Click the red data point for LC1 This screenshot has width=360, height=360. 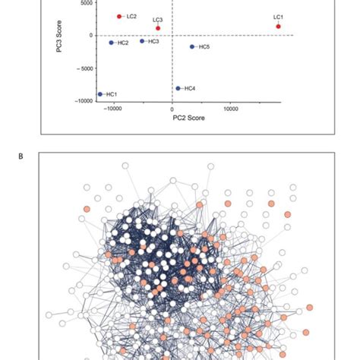click(x=279, y=26)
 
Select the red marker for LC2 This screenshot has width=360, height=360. click(x=119, y=16)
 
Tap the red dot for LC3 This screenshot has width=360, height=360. click(x=158, y=28)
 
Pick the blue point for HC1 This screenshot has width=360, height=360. click(x=99, y=94)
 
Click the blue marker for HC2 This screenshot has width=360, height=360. click(x=111, y=43)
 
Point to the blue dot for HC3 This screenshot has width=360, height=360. click(x=142, y=41)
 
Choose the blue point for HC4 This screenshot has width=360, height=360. click(x=178, y=88)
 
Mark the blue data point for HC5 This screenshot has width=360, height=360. click(x=192, y=46)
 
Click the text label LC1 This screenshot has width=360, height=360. click(x=278, y=17)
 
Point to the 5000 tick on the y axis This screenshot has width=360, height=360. click(x=86, y=3)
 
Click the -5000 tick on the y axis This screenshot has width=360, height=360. click(x=84, y=68)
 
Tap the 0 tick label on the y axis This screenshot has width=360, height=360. click(x=90, y=35)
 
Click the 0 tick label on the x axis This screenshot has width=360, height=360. click(x=172, y=109)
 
